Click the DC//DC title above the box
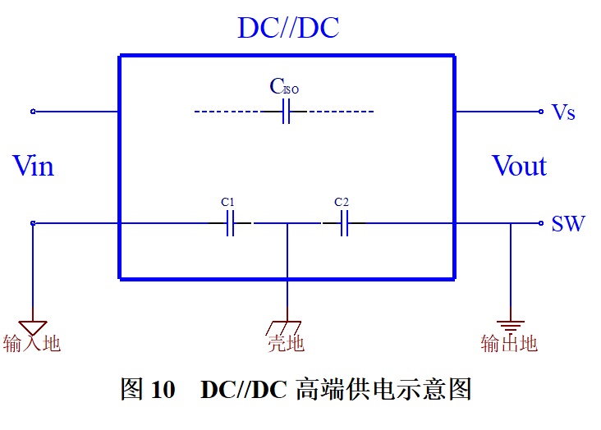288,28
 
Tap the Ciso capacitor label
284,86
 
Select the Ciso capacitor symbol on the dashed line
286,112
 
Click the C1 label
227,202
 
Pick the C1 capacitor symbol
230,223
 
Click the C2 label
342,202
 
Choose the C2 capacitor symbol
344,223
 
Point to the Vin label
34,166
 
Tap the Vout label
520,166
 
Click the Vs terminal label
563,112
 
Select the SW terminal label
568,223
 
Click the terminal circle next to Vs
541,112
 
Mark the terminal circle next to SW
541,223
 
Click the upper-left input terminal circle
33,112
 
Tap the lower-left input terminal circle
33,223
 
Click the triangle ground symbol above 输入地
33,327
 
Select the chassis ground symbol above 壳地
284,328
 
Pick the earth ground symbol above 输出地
511,326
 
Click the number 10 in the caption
163,389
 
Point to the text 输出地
509,343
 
